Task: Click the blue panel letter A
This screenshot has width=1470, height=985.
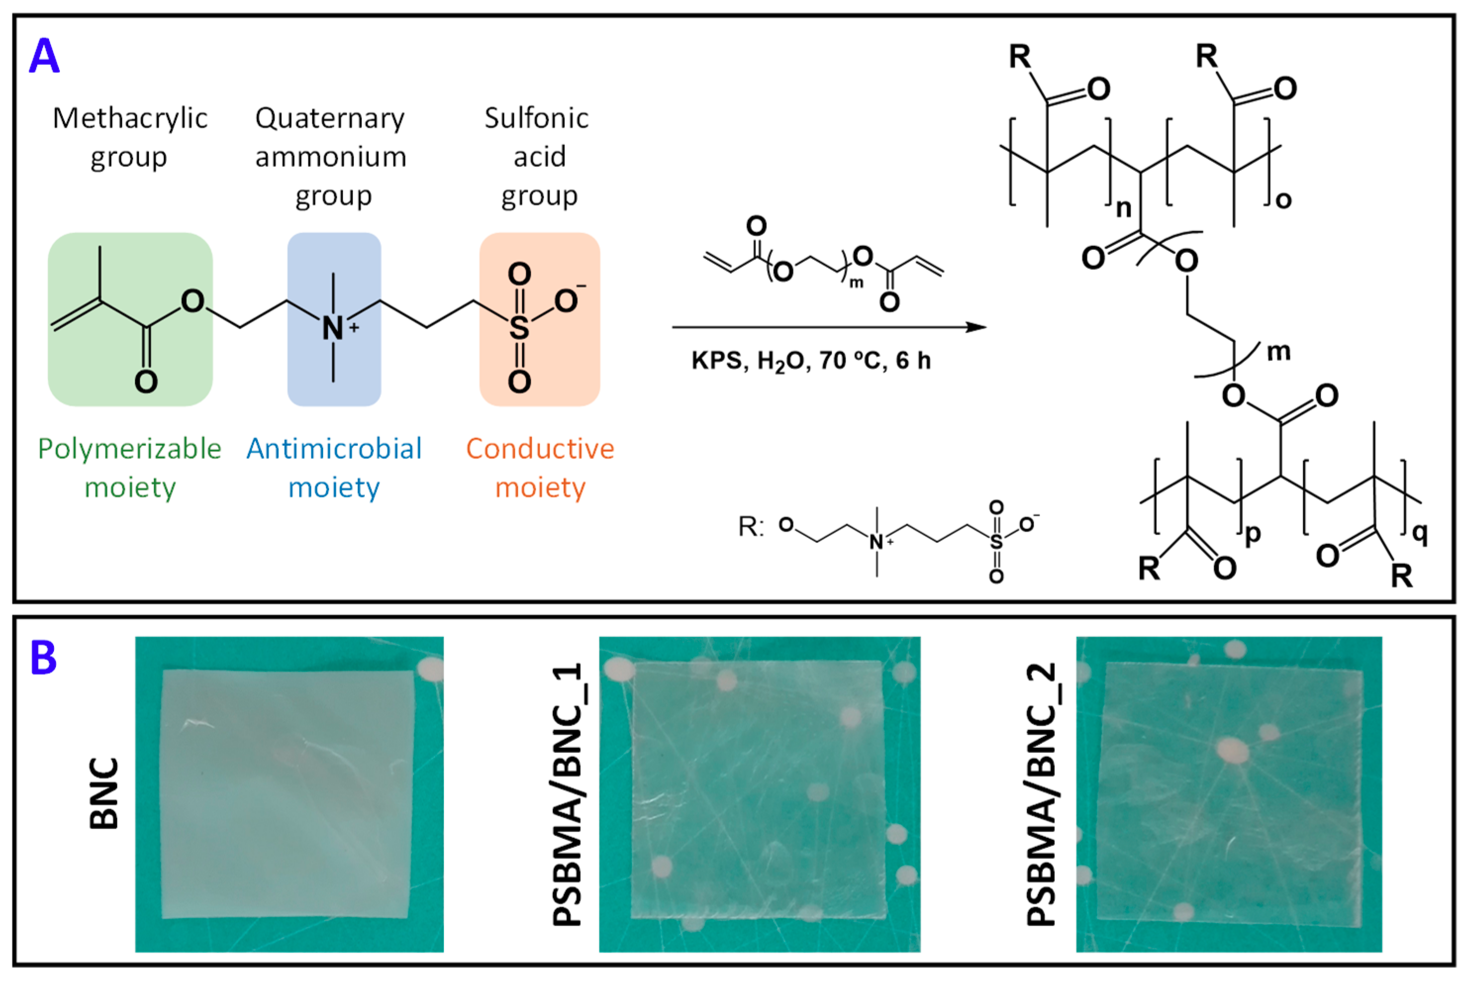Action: pos(44,57)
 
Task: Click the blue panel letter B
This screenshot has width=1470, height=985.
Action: pos(44,658)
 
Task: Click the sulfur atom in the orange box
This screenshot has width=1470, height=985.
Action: pos(519,327)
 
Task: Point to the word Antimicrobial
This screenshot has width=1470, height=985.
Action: pos(334,449)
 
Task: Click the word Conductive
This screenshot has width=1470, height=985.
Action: pos(540,449)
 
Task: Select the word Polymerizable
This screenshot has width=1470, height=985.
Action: pos(129,449)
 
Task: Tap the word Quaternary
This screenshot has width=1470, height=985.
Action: pos(331,118)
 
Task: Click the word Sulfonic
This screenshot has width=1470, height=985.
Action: pos(537,118)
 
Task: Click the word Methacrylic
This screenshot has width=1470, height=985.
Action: pos(130,118)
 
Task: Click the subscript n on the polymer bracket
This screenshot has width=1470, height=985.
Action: pos(1123,208)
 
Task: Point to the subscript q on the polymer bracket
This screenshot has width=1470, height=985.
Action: pos(1421,533)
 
